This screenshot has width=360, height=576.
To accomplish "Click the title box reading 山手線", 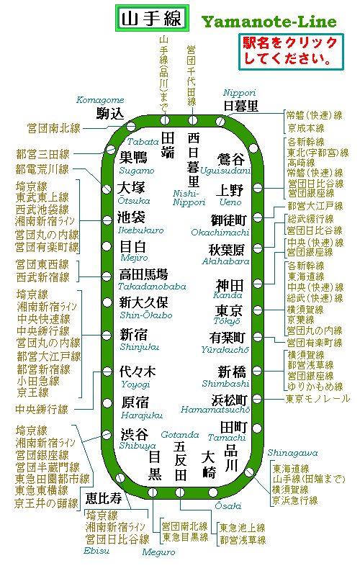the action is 152,18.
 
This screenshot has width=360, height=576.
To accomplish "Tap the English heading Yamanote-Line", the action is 269,22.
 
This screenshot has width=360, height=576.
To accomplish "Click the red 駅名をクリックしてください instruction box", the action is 291,52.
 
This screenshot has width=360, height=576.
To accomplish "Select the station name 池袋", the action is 131,217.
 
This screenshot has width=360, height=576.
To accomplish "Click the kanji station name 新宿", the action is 134,335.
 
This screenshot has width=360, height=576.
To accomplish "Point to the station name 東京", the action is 229,311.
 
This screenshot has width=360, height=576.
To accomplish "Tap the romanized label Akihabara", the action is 225,261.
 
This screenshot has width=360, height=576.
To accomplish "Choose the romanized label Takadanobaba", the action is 152,287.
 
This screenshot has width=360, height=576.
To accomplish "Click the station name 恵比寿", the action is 104,498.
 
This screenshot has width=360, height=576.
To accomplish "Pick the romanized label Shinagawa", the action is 292,453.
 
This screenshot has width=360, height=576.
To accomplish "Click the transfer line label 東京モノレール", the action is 318,399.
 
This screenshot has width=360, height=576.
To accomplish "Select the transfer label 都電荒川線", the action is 42,169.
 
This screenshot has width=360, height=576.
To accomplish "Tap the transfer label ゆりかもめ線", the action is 315,387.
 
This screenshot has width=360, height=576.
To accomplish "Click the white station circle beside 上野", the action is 258,188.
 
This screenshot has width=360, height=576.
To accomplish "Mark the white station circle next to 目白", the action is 107,246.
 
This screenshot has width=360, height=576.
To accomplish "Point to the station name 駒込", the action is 110,114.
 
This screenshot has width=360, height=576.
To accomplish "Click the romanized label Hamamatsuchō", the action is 215,410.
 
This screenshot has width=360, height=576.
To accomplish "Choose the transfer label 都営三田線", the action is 42,154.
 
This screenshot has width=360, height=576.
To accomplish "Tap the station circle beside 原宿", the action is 107,403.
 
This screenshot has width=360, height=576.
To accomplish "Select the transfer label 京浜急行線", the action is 295,500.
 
